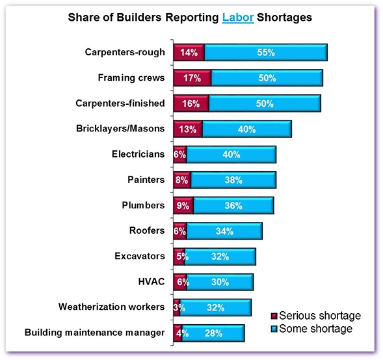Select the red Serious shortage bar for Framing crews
click(192, 78)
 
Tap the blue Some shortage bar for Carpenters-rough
click(265, 53)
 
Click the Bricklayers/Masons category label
click(120, 129)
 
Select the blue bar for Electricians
click(231, 154)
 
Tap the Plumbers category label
click(143, 205)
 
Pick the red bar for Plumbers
click(183, 205)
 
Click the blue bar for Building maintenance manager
click(213, 333)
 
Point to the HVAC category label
click(152, 281)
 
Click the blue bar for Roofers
click(224, 230)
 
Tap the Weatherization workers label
click(111, 307)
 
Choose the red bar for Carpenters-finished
click(191, 104)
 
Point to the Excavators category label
click(140, 256)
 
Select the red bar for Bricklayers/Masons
click(187, 129)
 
